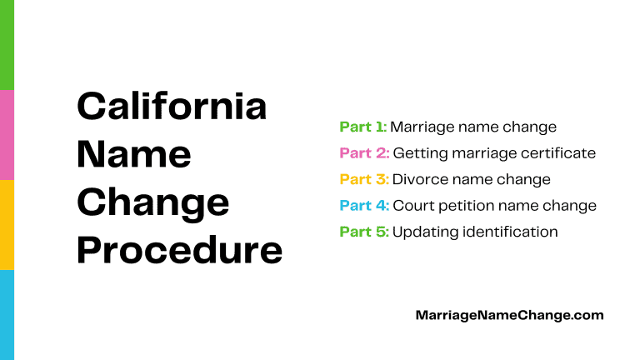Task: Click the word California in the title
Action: [x=172, y=107]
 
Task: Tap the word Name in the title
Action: [x=133, y=155]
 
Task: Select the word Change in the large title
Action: [x=152, y=202]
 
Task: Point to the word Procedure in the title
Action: [x=179, y=250]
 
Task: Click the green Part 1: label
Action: [x=363, y=127]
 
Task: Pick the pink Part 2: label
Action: [x=364, y=153]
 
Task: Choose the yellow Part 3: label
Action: [x=364, y=179]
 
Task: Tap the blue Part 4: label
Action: [x=364, y=205]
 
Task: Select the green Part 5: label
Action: [x=364, y=231]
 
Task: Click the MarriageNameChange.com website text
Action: [x=509, y=315]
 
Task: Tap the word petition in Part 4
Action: [x=487, y=206]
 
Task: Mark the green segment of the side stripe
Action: [x=7, y=44]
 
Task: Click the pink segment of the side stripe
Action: [x=7, y=134]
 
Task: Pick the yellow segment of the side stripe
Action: [x=7, y=224]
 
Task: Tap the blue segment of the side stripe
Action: [x=7, y=314]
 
